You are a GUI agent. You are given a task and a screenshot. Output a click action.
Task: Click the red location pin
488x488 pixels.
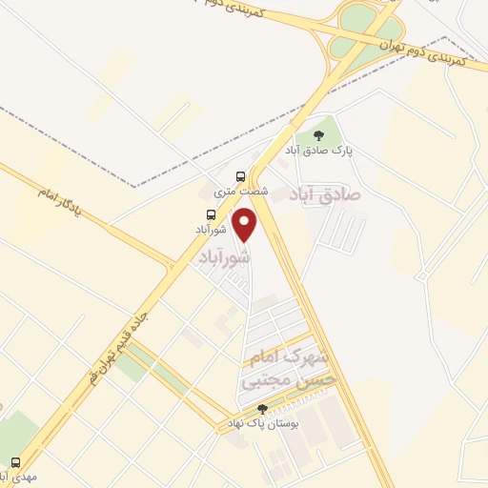[x=246, y=222]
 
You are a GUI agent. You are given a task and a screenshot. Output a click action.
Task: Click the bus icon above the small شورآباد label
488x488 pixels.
[x=211, y=214]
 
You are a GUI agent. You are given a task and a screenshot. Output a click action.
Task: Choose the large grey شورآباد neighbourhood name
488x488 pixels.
[x=225, y=257]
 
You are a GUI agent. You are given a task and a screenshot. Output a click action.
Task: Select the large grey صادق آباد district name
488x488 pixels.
[x=328, y=192]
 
